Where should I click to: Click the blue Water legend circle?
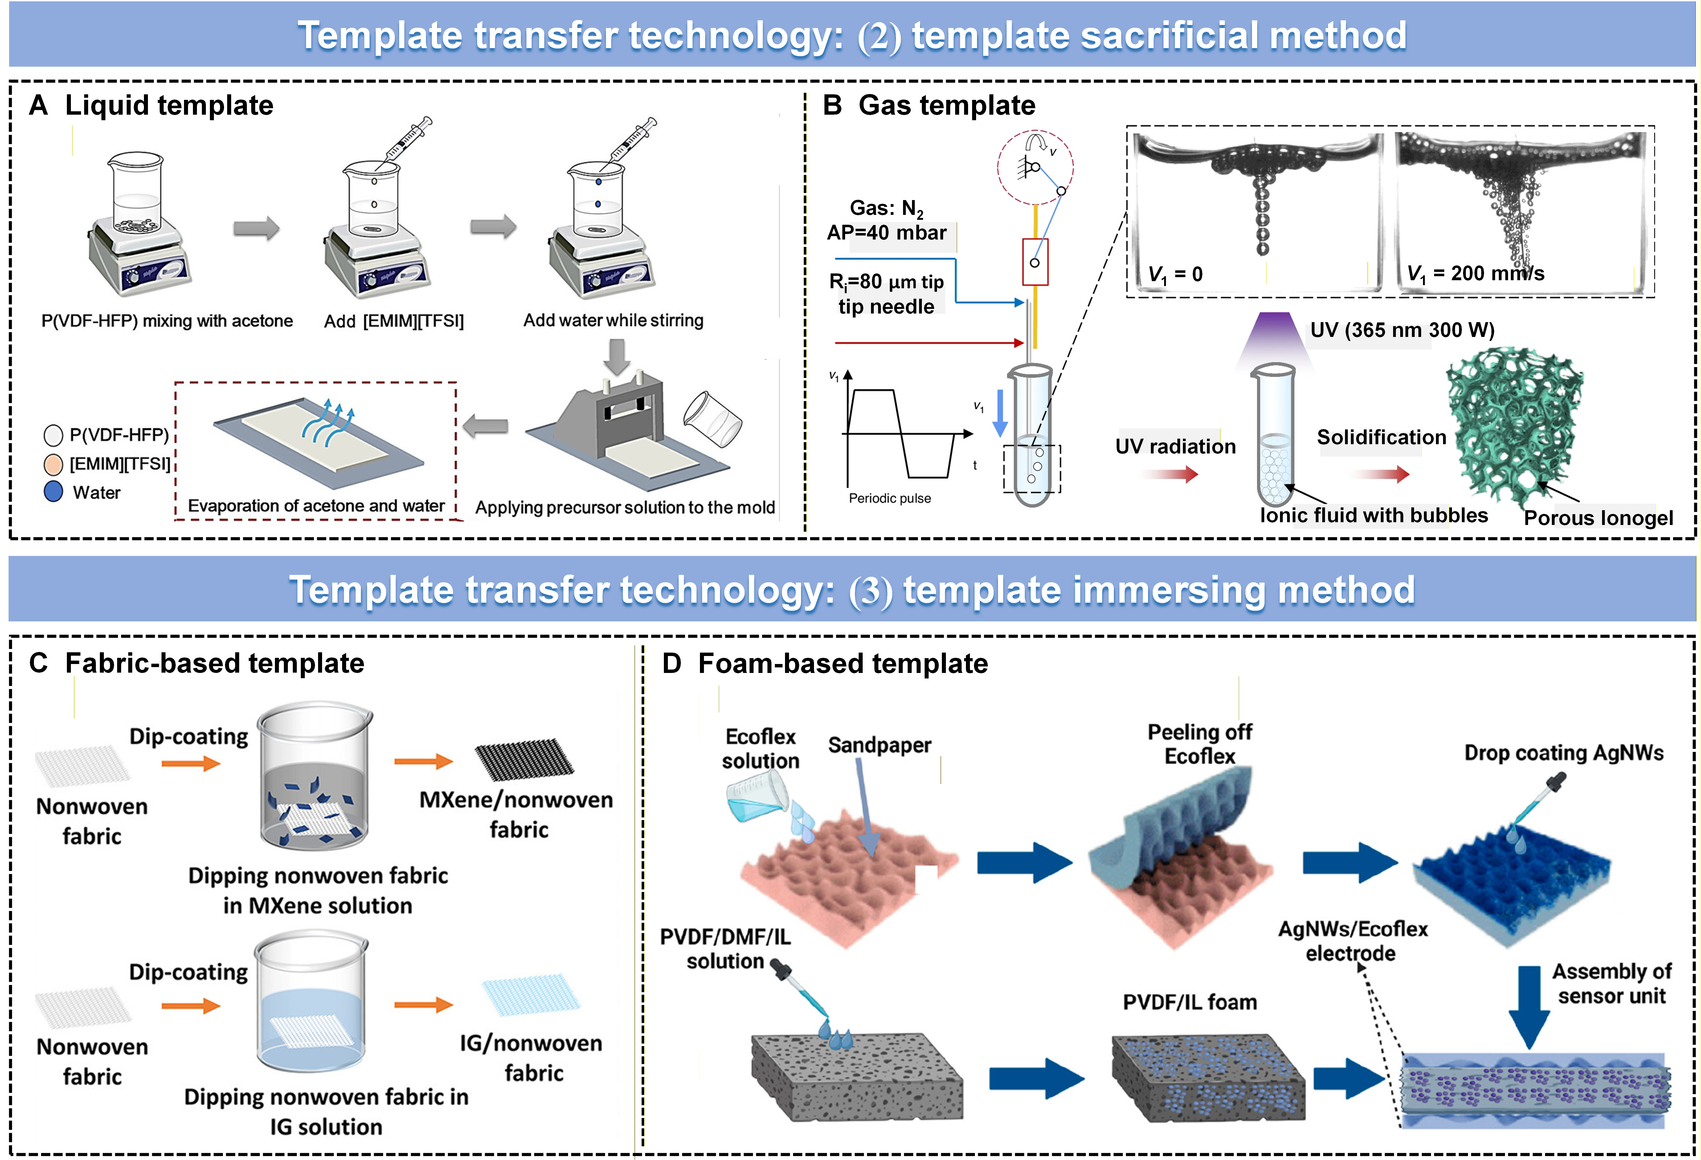coord(53,492)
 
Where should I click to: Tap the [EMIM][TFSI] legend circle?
coord(53,464)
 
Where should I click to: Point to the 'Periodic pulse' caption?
coord(889,498)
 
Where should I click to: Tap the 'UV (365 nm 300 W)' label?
coord(1402,330)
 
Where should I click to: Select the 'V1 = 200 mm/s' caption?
coord(1475,274)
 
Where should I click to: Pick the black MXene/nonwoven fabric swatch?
coord(524,760)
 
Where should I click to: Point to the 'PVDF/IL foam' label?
coord(1189,1002)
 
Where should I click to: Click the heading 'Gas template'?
coord(947,105)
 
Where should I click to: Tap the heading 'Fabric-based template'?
coord(215,663)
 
